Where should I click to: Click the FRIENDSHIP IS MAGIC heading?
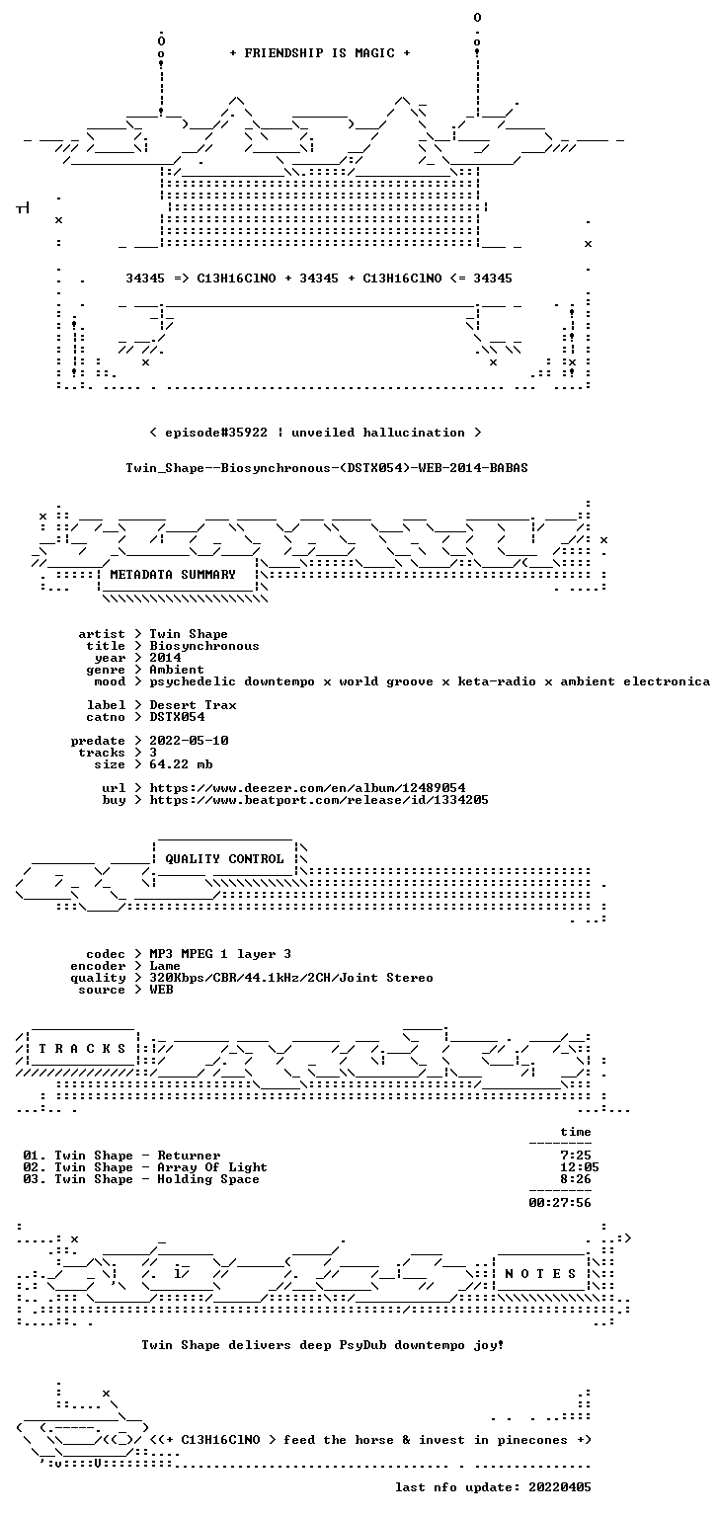[320, 52]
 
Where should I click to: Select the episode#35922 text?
[216, 432]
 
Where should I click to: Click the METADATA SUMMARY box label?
[173, 574]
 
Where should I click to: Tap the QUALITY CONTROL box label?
[224, 858]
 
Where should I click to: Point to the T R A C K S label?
[83, 1048]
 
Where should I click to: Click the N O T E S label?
[540, 1274]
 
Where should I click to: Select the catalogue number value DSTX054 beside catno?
[177, 716]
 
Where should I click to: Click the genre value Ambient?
[177, 669]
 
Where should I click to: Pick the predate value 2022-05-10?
[189, 740]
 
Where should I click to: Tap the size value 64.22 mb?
[181, 763]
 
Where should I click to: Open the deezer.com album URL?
[307, 787]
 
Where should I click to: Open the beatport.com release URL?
[319, 800]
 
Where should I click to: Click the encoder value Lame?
[165, 966]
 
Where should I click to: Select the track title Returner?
[189, 1156]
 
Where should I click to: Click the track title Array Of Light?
[212, 1166]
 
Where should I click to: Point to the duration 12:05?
[580, 1166]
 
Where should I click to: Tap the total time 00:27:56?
[560, 1203]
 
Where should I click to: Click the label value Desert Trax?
[193, 705]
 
